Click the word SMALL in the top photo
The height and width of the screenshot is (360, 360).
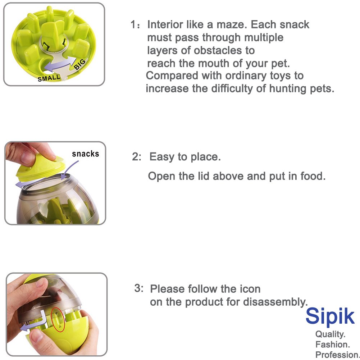(x=49, y=78)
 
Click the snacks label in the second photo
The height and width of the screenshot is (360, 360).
(x=85, y=154)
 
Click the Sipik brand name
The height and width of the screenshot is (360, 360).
(x=330, y=316)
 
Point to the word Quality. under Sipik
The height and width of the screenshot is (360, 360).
(x=331, y=334)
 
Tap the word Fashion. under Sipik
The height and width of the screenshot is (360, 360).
(x=332, y=344)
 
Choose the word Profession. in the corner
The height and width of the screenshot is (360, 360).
(x=337, y=355)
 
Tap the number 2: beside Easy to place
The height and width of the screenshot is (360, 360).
(x=137, y=157)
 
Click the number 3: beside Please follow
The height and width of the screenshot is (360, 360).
(x=139, y=288)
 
